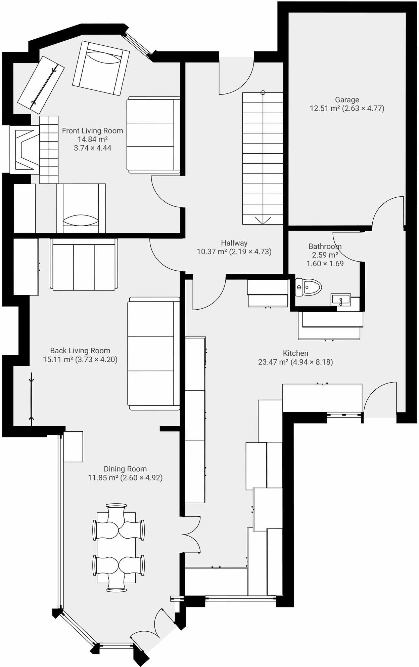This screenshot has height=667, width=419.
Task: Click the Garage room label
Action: [x=347, y=100]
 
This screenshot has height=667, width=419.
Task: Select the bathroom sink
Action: [x=340, y=299]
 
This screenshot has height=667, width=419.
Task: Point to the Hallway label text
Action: [x=234, y=243]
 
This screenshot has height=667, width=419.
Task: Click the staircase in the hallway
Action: [x=263, y=158]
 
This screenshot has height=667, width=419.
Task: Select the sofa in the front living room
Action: [x=153, y=135]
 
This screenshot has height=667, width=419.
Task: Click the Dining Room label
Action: [x=125, y=469]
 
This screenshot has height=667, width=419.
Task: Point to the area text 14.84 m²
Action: [x=92, y=139]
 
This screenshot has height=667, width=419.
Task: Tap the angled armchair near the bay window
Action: [x=101, y=68]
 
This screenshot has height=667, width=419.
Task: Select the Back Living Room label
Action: [x=80, y=351]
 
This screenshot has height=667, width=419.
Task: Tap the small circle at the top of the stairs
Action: [x=263, y=93]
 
